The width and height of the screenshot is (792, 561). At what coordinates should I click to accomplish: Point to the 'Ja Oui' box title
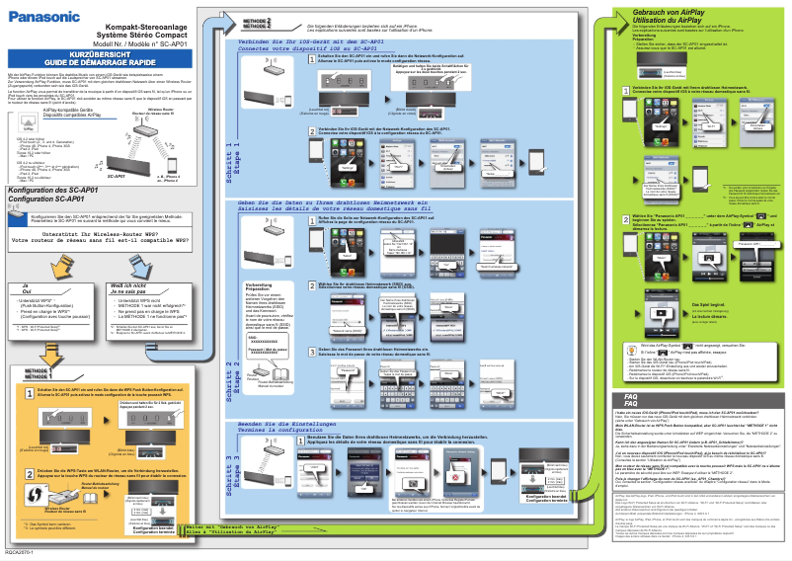click(28, 287)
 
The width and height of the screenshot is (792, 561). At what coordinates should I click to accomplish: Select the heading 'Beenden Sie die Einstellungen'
click(296, 423)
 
